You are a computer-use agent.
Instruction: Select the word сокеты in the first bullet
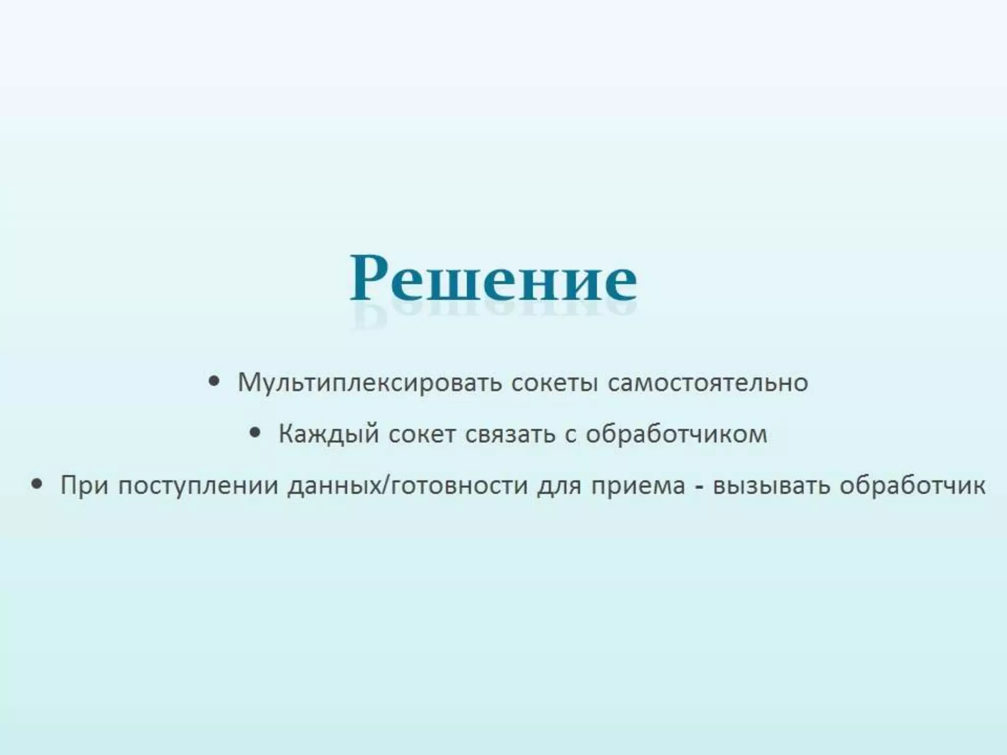(554, 383)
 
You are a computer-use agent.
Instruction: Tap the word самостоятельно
(708, 383)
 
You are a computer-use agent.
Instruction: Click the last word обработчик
(912, 486)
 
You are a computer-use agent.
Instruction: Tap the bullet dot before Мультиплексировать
(213, 381)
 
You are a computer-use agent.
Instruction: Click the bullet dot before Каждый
(254, 433)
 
